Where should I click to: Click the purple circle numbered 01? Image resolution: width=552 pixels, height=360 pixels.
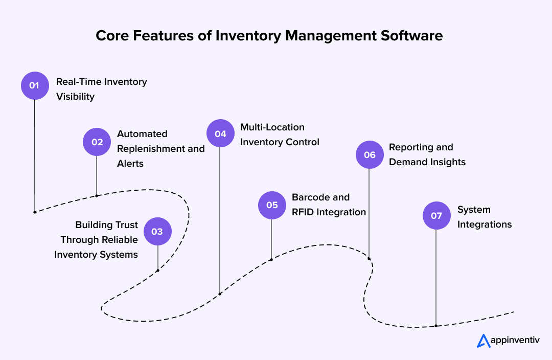pyautogui.click(x=35, y=85)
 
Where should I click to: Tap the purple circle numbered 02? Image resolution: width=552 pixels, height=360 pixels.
pyautogui.click(x=97, y=142)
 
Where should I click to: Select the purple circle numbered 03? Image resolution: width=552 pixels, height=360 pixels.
pyautogui.click(x=157, y=231)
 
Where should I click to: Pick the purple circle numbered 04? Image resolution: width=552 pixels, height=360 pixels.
pyautogui.click(x=220, y=134)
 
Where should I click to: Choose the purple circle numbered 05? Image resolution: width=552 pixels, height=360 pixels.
pyautogui.click(x=271, y=205)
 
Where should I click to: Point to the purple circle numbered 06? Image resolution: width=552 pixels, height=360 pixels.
pyautogui.click(x=369, y=154)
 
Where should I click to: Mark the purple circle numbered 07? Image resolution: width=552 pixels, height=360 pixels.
pyautogui.click(x=436, y=215)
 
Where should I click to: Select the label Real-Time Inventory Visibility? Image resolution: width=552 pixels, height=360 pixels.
pyautogui.click(x=101, y=89)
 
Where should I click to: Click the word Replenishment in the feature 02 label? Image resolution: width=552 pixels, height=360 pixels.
pyautogui.click(x=152, y=149)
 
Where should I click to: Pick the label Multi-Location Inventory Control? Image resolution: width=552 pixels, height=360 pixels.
pyautogui.click(x=280, y=134)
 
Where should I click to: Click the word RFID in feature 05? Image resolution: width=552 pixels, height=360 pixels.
pyautogui.click(x=306, y=212)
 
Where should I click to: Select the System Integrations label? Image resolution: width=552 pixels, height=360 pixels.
pyautogui.click(x=484, y=217)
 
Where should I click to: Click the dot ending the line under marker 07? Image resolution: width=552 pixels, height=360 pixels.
pyautogui.click(x=436, y=326)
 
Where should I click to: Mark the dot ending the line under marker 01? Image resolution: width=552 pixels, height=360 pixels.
pyautogui.click(x=35, y=212)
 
